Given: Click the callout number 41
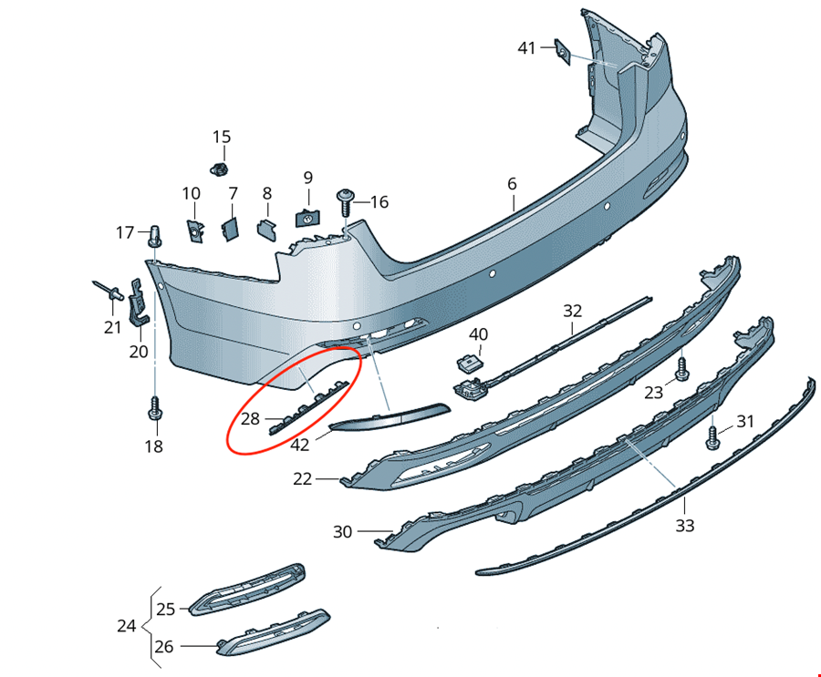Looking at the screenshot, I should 527,47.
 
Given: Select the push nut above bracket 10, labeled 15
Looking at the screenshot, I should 218,169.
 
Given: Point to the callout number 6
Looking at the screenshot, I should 513,184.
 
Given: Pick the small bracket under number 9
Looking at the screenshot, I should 307,218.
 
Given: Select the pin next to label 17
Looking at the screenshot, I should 155,234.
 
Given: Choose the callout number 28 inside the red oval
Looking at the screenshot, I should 250,418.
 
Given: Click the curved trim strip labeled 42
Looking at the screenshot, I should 388,418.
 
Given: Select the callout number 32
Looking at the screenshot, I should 572,310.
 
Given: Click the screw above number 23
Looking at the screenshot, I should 681,369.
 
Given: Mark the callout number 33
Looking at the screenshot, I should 684,526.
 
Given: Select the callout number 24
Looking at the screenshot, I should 127,626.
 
